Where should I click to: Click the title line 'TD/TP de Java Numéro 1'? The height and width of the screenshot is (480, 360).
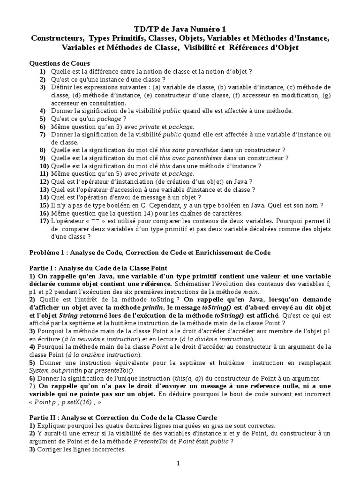pyautogui.click(x=180, y=30)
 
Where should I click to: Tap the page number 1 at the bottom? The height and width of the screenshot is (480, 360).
pyautogui.click(x=178, y=463)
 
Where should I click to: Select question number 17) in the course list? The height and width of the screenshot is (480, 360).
pyautogui.click(x=44, y=221)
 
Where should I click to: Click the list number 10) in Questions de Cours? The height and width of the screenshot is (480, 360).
pyautogui.click(x=44, y=165)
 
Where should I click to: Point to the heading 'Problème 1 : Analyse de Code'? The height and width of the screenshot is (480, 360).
pyautogui.click(x=150, y=252)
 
